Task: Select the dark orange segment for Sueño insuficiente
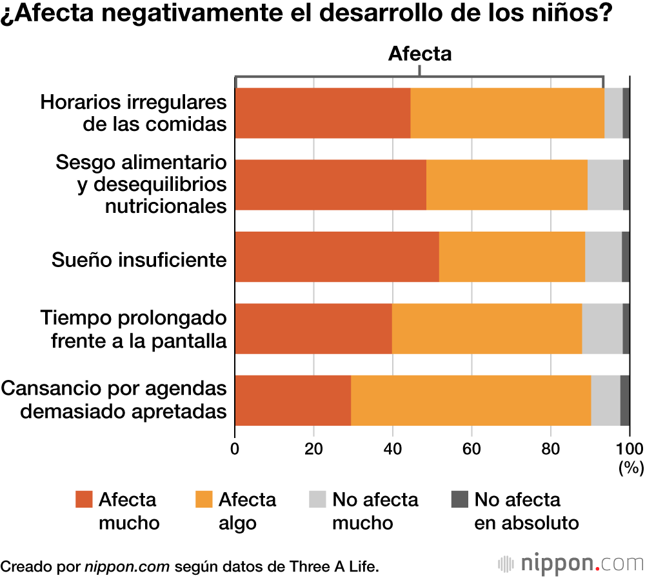[337, 257]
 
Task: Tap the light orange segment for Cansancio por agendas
[471, 400]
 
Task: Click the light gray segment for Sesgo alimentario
[605, 184]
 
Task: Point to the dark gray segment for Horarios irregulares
[626, 113]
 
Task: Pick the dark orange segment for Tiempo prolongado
[313, 328]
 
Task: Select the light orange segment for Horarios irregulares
[507, 113]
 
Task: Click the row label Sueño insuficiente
[139, 260]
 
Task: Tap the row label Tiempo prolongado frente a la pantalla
[134, 329]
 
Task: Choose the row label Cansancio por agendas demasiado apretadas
[115, 400]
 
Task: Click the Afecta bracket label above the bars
[419, 54]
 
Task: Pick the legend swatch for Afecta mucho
[84, 500]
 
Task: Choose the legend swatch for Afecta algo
[204, 500]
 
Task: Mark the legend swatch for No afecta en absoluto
[459, 500]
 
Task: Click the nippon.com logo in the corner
[571, 563]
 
